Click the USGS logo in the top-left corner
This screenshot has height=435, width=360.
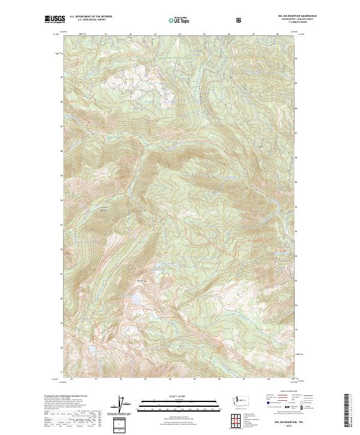coord(54,20)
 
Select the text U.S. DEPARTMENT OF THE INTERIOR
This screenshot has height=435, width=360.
coord(91,18)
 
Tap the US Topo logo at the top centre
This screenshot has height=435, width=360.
coord(177,20)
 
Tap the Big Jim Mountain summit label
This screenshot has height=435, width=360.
coord(142,281)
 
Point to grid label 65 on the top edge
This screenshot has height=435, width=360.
coord(204,35)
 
